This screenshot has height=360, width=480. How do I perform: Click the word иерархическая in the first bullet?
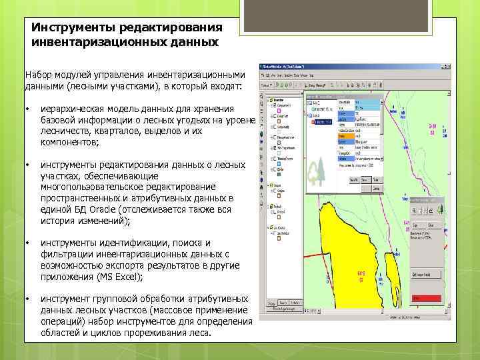point(73,109)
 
